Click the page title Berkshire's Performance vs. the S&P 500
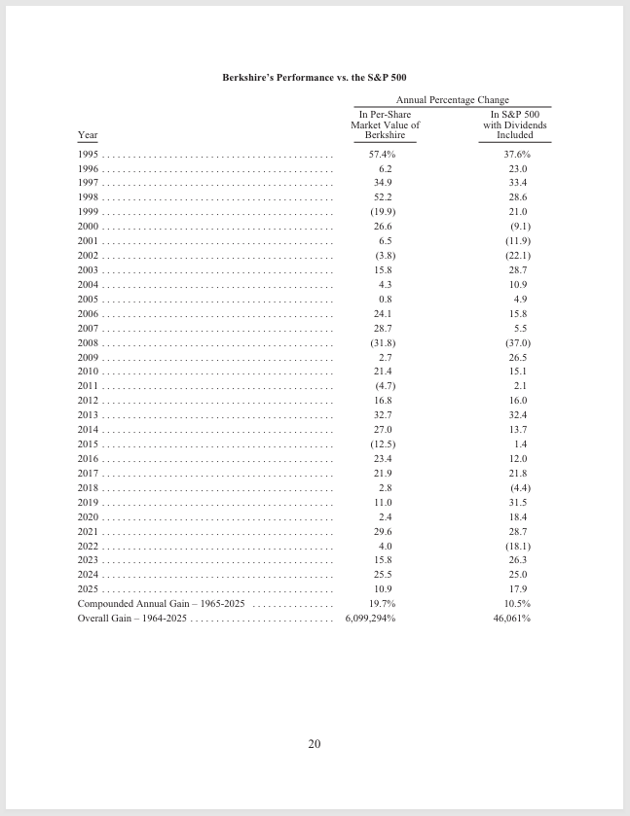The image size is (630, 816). click(x=315, y=77)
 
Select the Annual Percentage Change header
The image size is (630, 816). click(x=452, y=100)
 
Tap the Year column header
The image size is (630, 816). click(x=88, y=135)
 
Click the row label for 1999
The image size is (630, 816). click(x=88, y=212)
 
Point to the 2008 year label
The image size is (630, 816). click(x=88, y=343)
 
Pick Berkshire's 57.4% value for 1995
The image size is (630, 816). click(x=383, y=155)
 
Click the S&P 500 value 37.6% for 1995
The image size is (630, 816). click(x=517, y=155)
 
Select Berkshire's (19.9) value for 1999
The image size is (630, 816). click(x=383, y=212)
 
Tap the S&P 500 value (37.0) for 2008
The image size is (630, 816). click(x=518, y=343)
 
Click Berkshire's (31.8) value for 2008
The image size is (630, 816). click(x=383, y=343)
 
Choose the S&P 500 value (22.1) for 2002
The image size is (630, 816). click(x=518, y=256)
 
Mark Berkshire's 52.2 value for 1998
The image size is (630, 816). click(x=383, y=197)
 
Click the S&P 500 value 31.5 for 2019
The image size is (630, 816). click(x=518, y=502)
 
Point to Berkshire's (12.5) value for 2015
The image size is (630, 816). click(x=383, y=444)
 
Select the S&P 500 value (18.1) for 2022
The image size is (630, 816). click(x=518, y=546)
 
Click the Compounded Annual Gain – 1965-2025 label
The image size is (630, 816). click(x=161, y=604)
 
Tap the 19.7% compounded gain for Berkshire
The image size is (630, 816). click(x=383, y=604)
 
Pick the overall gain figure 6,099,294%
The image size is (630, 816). click(x=370, y=619)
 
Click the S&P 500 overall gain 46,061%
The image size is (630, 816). click(x=511, y=619)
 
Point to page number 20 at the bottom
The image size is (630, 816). click(x=315, y=744)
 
